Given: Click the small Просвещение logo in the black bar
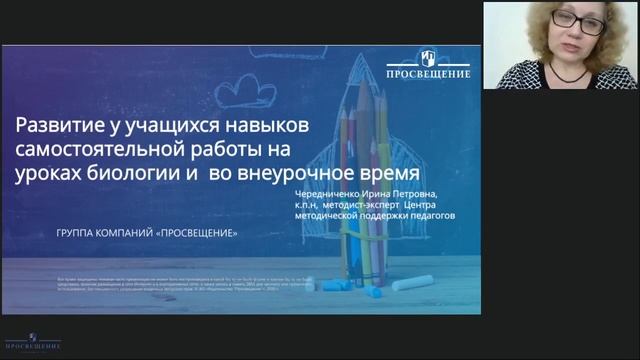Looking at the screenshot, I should click(x=33, y=343).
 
